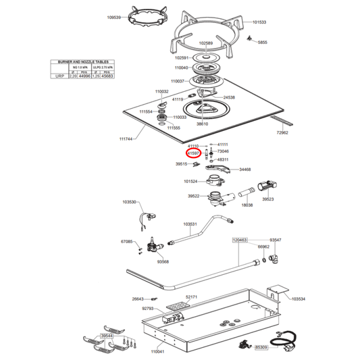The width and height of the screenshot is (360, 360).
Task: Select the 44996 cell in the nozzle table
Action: (x=84, y=77)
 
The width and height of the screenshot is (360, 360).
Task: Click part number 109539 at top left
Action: (x=114, y=16)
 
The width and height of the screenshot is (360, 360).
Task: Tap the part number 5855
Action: (x=263, y=42)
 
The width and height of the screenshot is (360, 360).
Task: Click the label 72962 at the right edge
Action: (x=282, y=133)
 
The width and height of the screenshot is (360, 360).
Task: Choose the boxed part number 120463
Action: (x=240, y=240)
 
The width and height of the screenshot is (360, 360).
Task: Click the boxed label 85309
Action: (x=261, y=347)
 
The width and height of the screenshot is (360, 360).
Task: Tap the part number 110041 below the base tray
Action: (x=158, y=351)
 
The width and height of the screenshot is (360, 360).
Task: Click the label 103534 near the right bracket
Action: (x=298, y=298)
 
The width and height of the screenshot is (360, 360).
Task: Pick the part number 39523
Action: (x=268, y=199)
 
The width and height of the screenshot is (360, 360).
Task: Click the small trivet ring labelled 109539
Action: (x=144, y=18)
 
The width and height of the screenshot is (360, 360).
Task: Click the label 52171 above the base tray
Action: (x=191, y=297)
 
